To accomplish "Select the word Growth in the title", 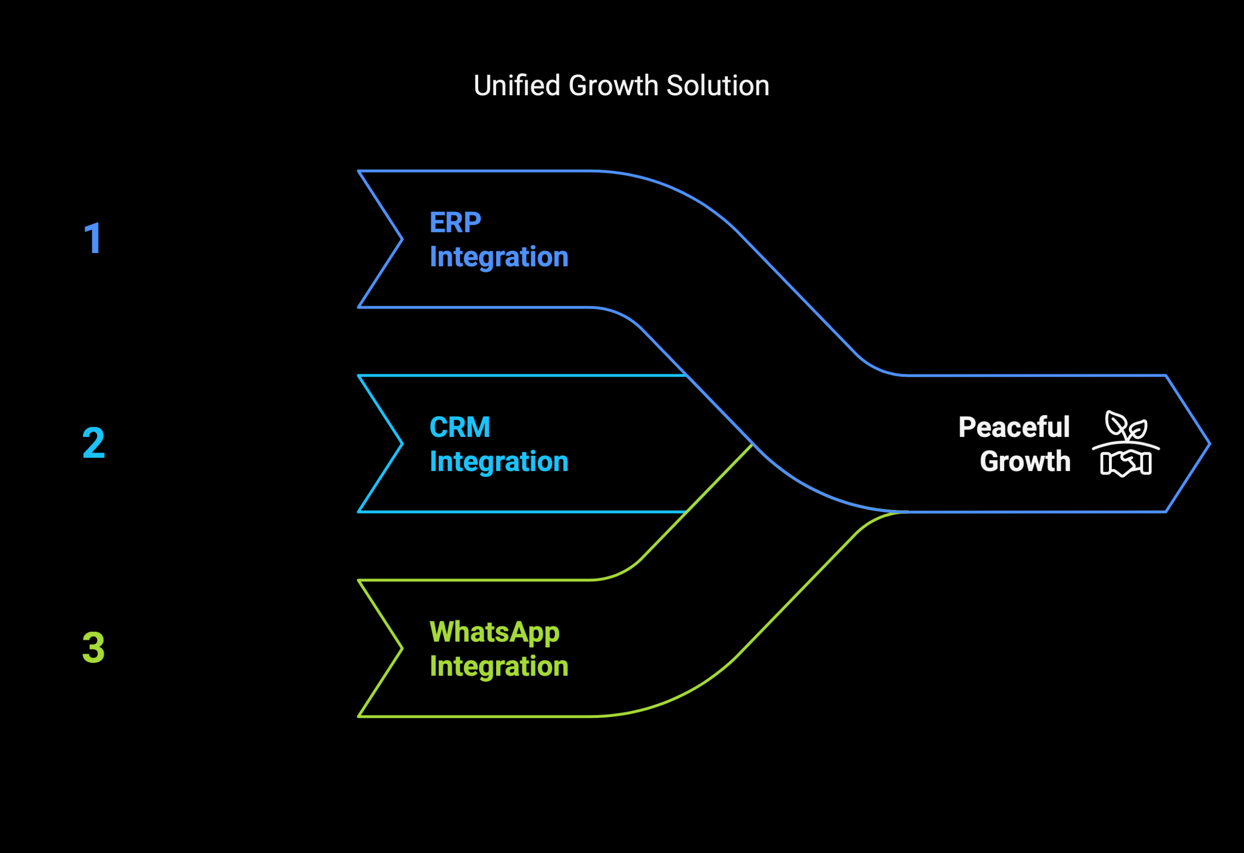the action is coord(613,86).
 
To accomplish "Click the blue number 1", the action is coord(93,238).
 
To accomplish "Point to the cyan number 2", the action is coord(94,443).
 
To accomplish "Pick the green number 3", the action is coord(94,647).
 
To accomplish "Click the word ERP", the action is coord(455,222).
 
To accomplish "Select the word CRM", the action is coord(460,427).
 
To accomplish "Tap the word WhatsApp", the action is coord(495,633).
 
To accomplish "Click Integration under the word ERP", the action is coord(499,258).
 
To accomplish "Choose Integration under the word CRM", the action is coord(499,462).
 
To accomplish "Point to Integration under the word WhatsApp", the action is coord(499,667).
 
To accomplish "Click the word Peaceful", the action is coord(1014,427).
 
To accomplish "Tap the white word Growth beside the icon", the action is coord(1025,462).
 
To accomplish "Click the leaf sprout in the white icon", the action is coord(1126,426).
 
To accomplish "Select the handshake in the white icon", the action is coord(1126,464).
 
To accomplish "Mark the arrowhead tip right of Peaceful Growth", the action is coord(1210,443).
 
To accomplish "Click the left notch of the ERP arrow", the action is coord(402,239).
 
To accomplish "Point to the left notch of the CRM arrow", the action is coord(402,443).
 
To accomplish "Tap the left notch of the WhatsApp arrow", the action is coord(402,648).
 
